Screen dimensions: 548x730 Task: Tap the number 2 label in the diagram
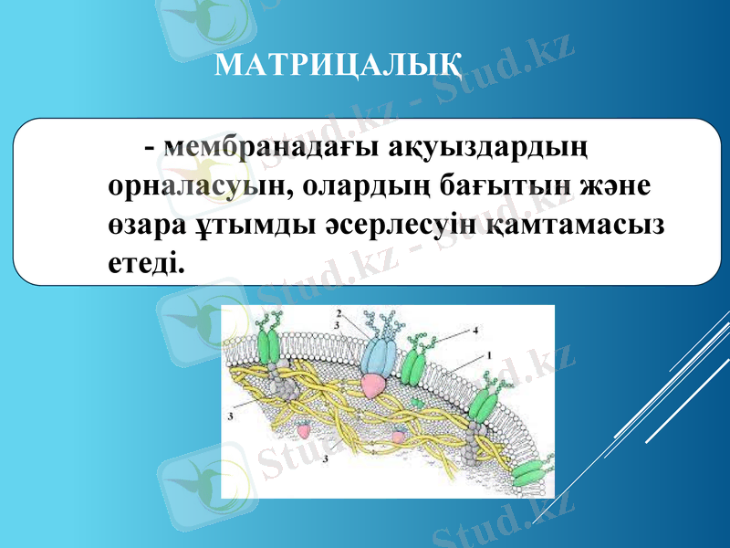click(x=339, y=313)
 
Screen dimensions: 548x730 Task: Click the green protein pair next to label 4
click(x=414, y=365)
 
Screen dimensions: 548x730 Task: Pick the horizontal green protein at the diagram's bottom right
click(x=530, y=474)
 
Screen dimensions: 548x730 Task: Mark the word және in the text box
click(x=614, y=185)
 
